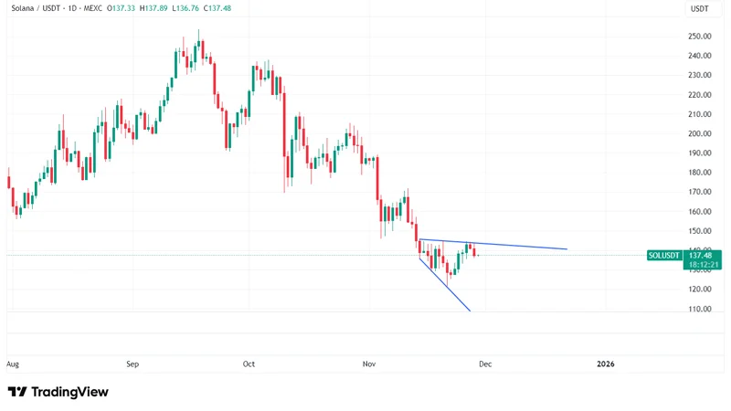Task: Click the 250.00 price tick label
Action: [x=700, y=37]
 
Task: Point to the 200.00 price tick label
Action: [x=700, y=133]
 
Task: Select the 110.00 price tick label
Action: [x=700, y=309]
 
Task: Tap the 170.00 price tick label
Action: [x=700, y=192]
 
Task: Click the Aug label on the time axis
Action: [x=13, y=364]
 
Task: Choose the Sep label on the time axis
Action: [x=132, y=364]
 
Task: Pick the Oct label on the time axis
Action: [x=249, y=364]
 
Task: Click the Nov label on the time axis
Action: [x=369, y=364]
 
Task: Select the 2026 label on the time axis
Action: [x=605, y=364]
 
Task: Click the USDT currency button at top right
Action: [x=699, y=8]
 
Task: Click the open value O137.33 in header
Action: [x=122, y=8]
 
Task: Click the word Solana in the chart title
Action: [x=23, y=8]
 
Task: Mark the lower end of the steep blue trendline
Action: [x=470, y=312]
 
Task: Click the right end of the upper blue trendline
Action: [x=567, y=248]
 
